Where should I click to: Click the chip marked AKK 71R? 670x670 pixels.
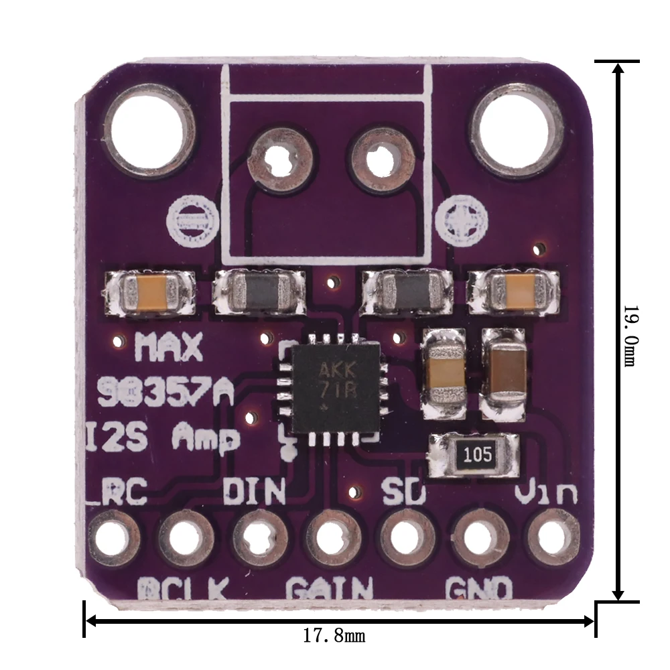coord(329,389)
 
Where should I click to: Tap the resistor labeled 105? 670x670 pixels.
coord(475,456)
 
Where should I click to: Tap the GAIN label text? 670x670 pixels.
coord(329,589)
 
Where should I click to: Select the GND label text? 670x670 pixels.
coord(480,590)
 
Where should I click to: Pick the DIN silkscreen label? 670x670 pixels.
coord(254,492)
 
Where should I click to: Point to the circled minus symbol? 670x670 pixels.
coord(193,220)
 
